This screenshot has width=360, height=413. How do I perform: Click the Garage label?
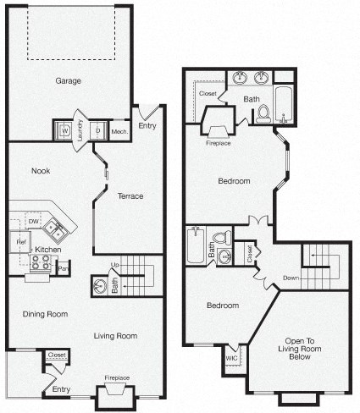click(x=69, y=82)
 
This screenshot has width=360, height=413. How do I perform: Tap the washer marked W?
click(x=64, y=131)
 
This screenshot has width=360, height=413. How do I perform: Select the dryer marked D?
click(x=97, y=131)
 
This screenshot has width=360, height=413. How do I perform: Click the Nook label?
click(x=40, y=171)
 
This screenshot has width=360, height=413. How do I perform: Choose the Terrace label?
click(x=130, y=196)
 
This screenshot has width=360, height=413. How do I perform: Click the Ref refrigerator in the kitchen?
click(x=20, y=242)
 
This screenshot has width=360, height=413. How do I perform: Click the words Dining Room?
click(x=46, y=314)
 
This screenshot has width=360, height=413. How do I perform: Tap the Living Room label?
click(x=115, y=336)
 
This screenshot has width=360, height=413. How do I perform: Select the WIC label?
click(x=231, y=358)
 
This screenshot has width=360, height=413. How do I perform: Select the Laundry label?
click(x=80, y=130)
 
